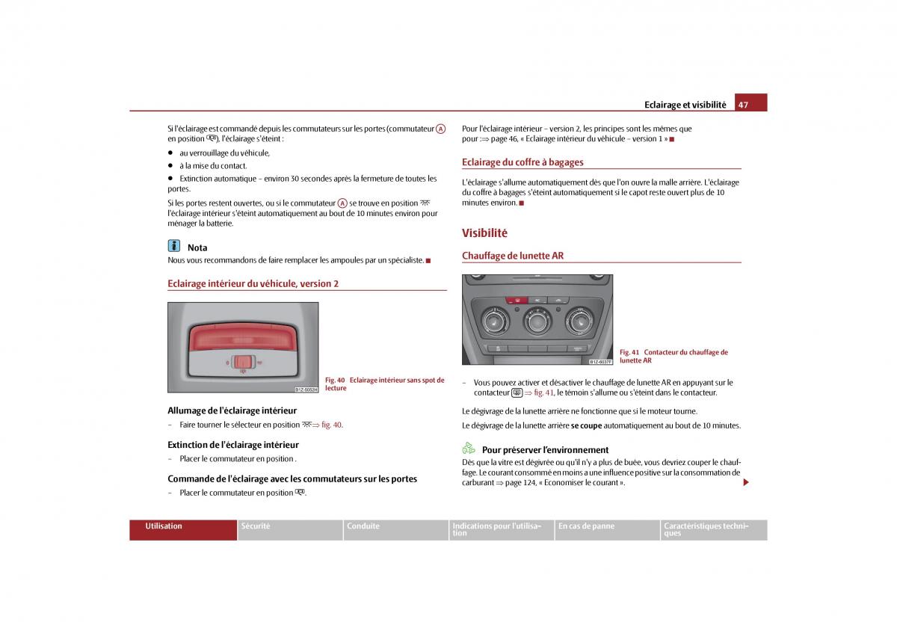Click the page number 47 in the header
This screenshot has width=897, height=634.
tap(743, 105)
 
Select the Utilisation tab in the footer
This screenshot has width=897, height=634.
tap(164, 526)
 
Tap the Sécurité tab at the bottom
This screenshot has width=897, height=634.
tap(256, 526)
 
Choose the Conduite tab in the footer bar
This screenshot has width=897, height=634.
tap(363, 526)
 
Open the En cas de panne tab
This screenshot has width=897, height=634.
tap(586, 526)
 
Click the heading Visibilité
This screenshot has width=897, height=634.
tap(484, 233)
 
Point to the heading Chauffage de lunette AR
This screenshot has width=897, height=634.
tap(513, 256)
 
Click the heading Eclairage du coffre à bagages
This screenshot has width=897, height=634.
tap(523, 162)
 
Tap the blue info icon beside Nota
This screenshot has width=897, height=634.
tap(174, 246)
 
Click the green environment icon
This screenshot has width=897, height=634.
tap(469, 449)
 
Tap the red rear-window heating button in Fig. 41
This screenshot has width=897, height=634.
tap(514, 300)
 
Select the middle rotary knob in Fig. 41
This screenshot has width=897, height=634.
tap(537, 322)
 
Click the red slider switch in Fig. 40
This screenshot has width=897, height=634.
tap(242, 362)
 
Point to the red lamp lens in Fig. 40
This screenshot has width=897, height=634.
tap(243, 335)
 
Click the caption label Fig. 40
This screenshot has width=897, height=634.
tap(335, 381)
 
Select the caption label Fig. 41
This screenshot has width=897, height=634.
tap(629, 352)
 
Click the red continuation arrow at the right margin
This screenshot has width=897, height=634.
tap(745, 483)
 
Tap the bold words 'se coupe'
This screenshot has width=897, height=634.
tap(587, 425)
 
